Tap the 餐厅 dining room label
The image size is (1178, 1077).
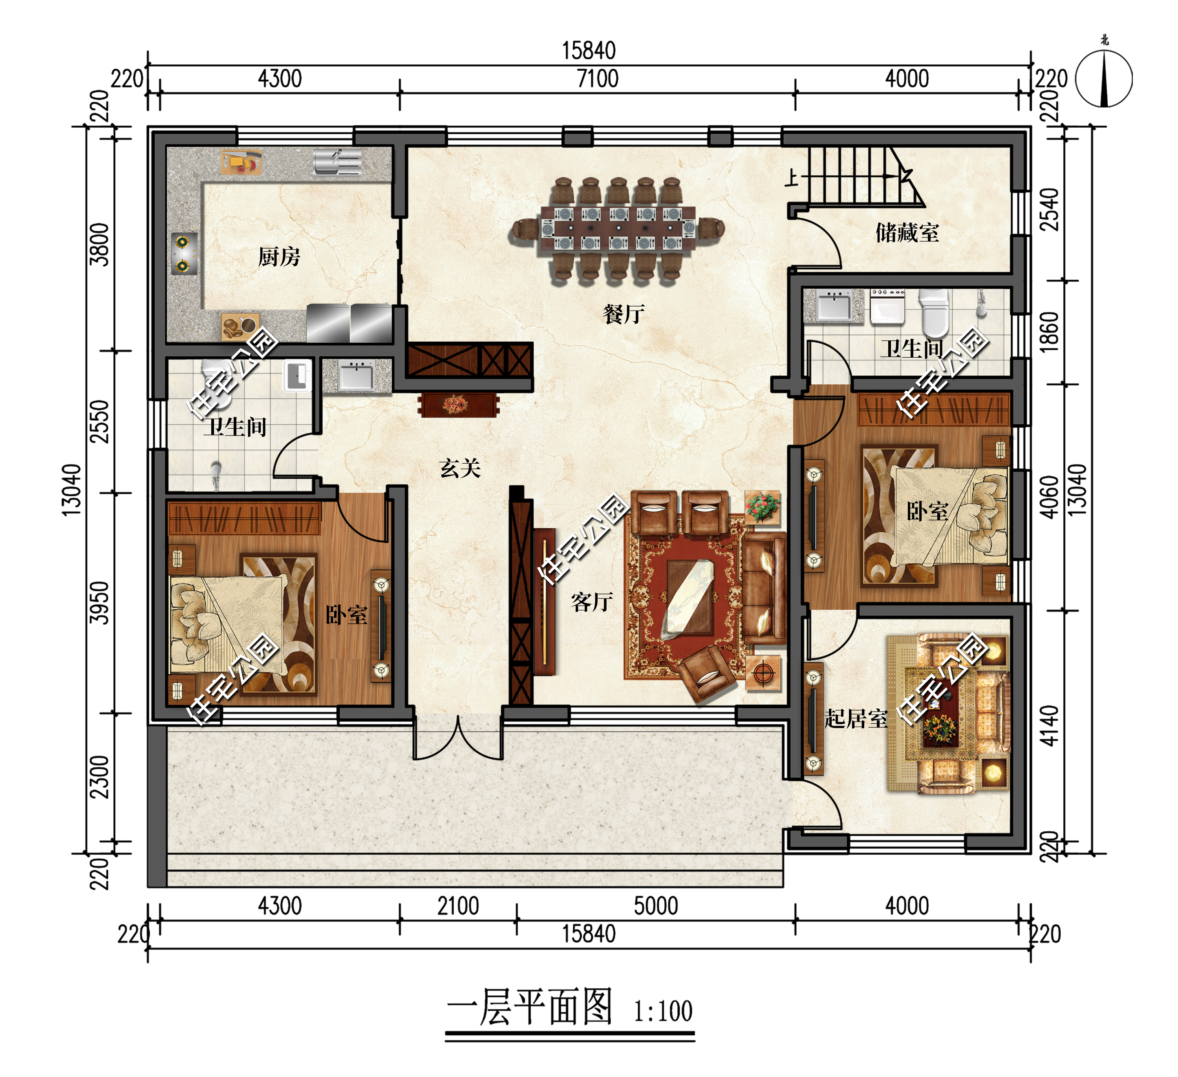click(x=624, y=315)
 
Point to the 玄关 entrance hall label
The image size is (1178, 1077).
click(x=460, y=468)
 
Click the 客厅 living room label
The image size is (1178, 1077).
click(x=591, y=602)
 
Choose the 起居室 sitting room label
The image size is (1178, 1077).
click(x=856, y=719)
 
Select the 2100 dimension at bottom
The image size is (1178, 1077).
click(x=458, y=906)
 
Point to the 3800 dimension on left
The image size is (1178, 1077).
click(x=100, y=244)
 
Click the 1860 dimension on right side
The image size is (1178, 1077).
click(x=1050, y=332)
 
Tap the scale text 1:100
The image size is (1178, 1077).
click(x=663, y=1011)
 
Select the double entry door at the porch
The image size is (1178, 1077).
click(x=458, y=737)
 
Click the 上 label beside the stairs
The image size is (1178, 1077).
click(x=791, y=177)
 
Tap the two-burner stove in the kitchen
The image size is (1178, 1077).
click(x=183, y=254)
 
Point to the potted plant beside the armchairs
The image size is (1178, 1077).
click(x=762, y=507)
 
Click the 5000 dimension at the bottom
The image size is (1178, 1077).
click(x=656, y=906)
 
